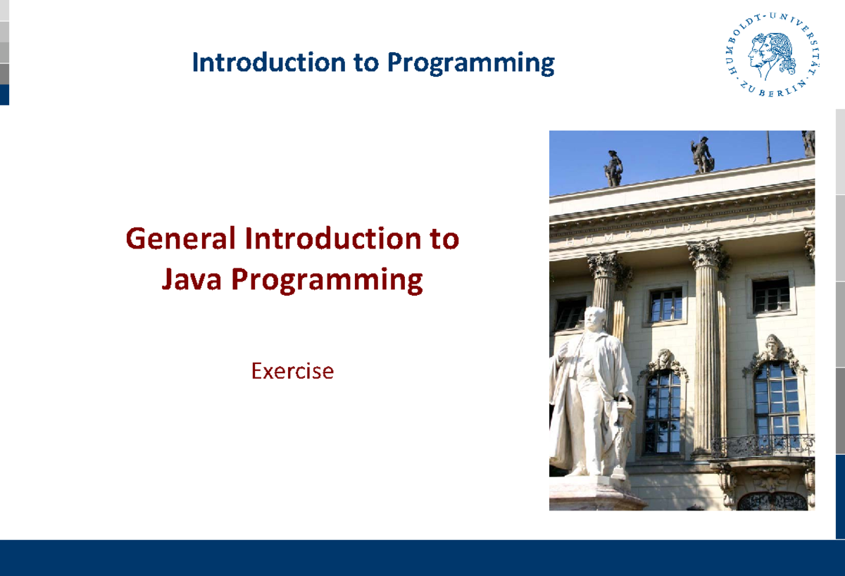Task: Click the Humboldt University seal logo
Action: coord(770,56)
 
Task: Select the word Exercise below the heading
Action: coord(292,370)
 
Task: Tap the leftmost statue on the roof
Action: coord(614,169)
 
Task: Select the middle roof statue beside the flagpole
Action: coord(701,155)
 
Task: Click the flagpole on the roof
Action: coord(768,146)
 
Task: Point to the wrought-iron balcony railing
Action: coord(762,446)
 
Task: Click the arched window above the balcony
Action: coord(776,398)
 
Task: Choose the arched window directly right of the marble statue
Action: coord(662,412)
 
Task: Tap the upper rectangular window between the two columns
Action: coord(665,304)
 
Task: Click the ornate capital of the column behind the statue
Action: coord(604,266)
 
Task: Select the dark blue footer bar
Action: coord(423,558)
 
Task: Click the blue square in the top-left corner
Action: coord(4,94)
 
